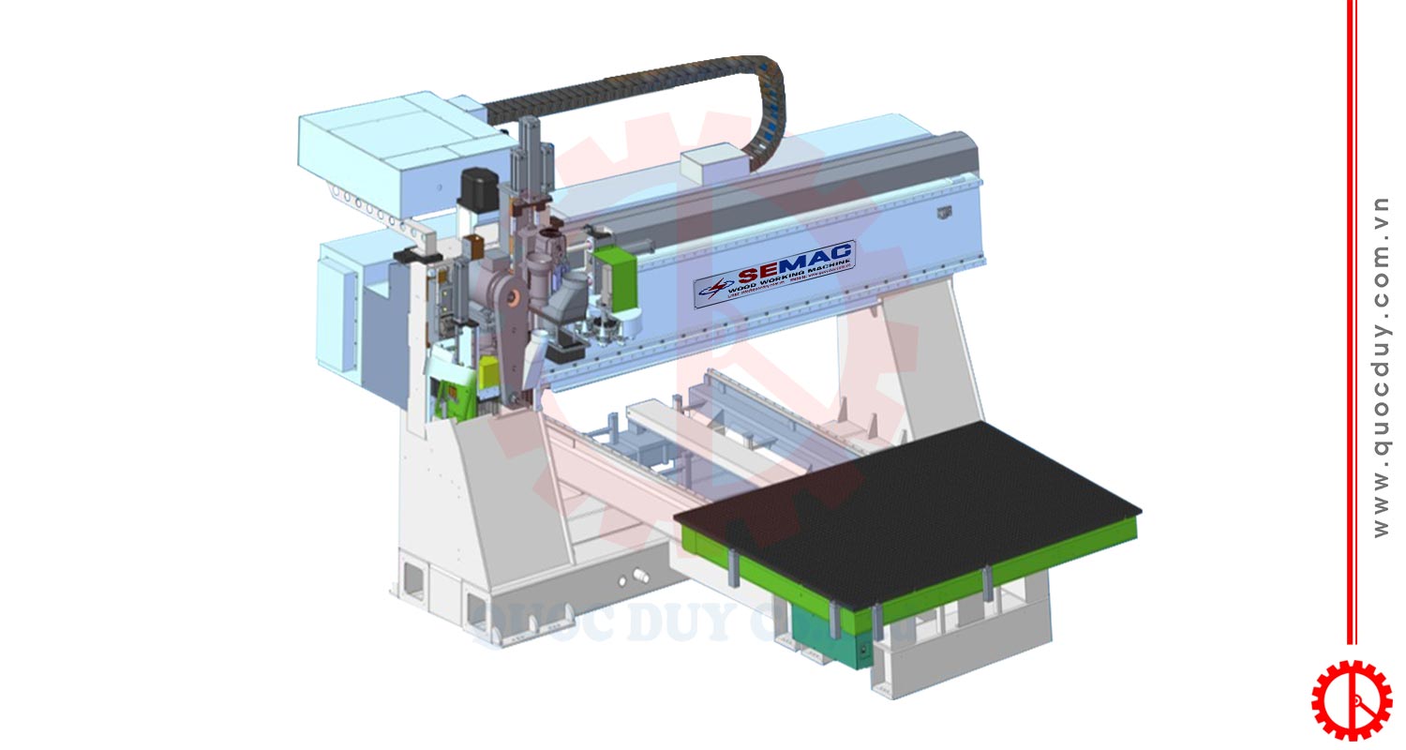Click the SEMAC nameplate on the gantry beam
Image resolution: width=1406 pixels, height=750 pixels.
[x=774, y=273]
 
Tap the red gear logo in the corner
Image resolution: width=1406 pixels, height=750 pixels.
[x=1351, y=699]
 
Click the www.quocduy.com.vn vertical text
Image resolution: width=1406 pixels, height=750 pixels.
[x=1381, y=366]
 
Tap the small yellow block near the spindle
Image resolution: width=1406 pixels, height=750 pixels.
[x=488, y=374]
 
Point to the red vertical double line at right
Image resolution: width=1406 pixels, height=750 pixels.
[x=1352, y=319]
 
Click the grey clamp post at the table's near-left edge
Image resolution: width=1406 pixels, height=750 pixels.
[x=733, y=569]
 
